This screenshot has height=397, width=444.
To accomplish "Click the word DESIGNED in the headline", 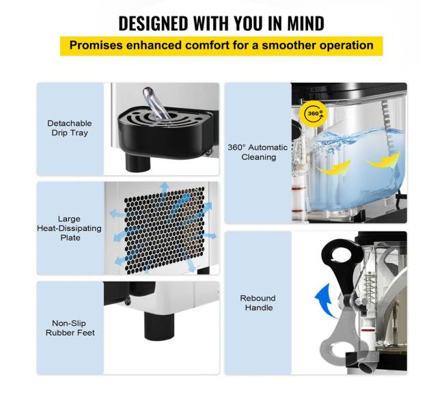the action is click(153, 23).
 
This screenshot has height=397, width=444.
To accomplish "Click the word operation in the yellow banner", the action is click(346, 45).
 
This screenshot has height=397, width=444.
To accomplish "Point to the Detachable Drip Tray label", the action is click(70, 128).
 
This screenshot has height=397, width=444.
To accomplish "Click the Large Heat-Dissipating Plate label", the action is click(70, 228).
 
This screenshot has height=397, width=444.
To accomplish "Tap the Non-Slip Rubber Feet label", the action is click(70, 328).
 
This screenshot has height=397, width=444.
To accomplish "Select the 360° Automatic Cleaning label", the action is click(258, 152).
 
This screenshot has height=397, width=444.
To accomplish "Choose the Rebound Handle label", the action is click(258, 303).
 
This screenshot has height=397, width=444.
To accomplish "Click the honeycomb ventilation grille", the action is click(164, 230).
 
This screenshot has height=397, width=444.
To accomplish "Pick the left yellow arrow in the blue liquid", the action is click(334, 167).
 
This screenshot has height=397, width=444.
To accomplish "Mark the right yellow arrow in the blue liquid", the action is click(384, 161).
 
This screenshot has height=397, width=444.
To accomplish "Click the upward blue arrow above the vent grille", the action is click(164, 189).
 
